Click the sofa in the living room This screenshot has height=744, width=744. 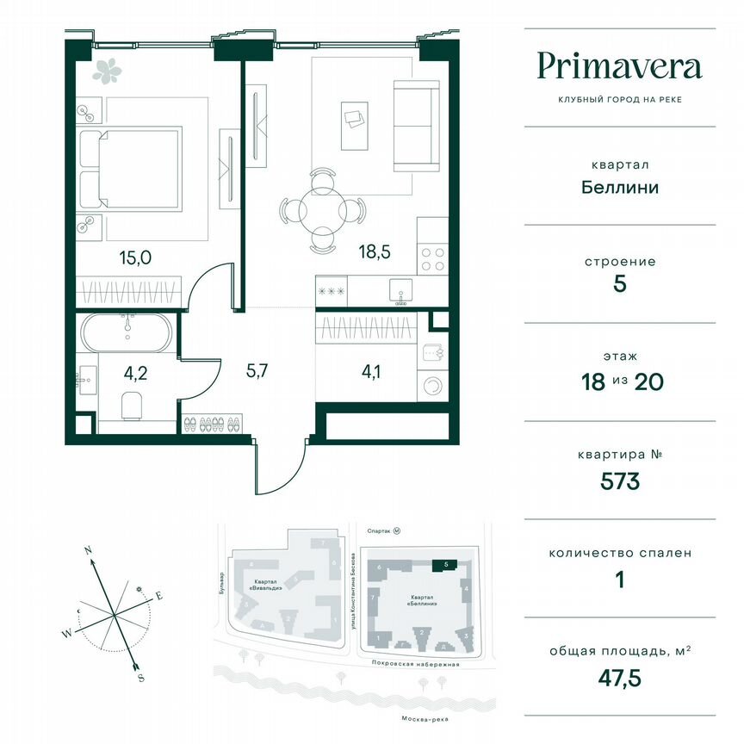coord(415,126)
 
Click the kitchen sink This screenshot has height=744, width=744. coord(400,288)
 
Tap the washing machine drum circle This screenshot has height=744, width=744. coord(432,384)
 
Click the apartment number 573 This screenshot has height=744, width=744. coord(619,481)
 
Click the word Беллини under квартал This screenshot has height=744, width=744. coord(619,186)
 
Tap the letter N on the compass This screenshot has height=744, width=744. coord(88,549)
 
